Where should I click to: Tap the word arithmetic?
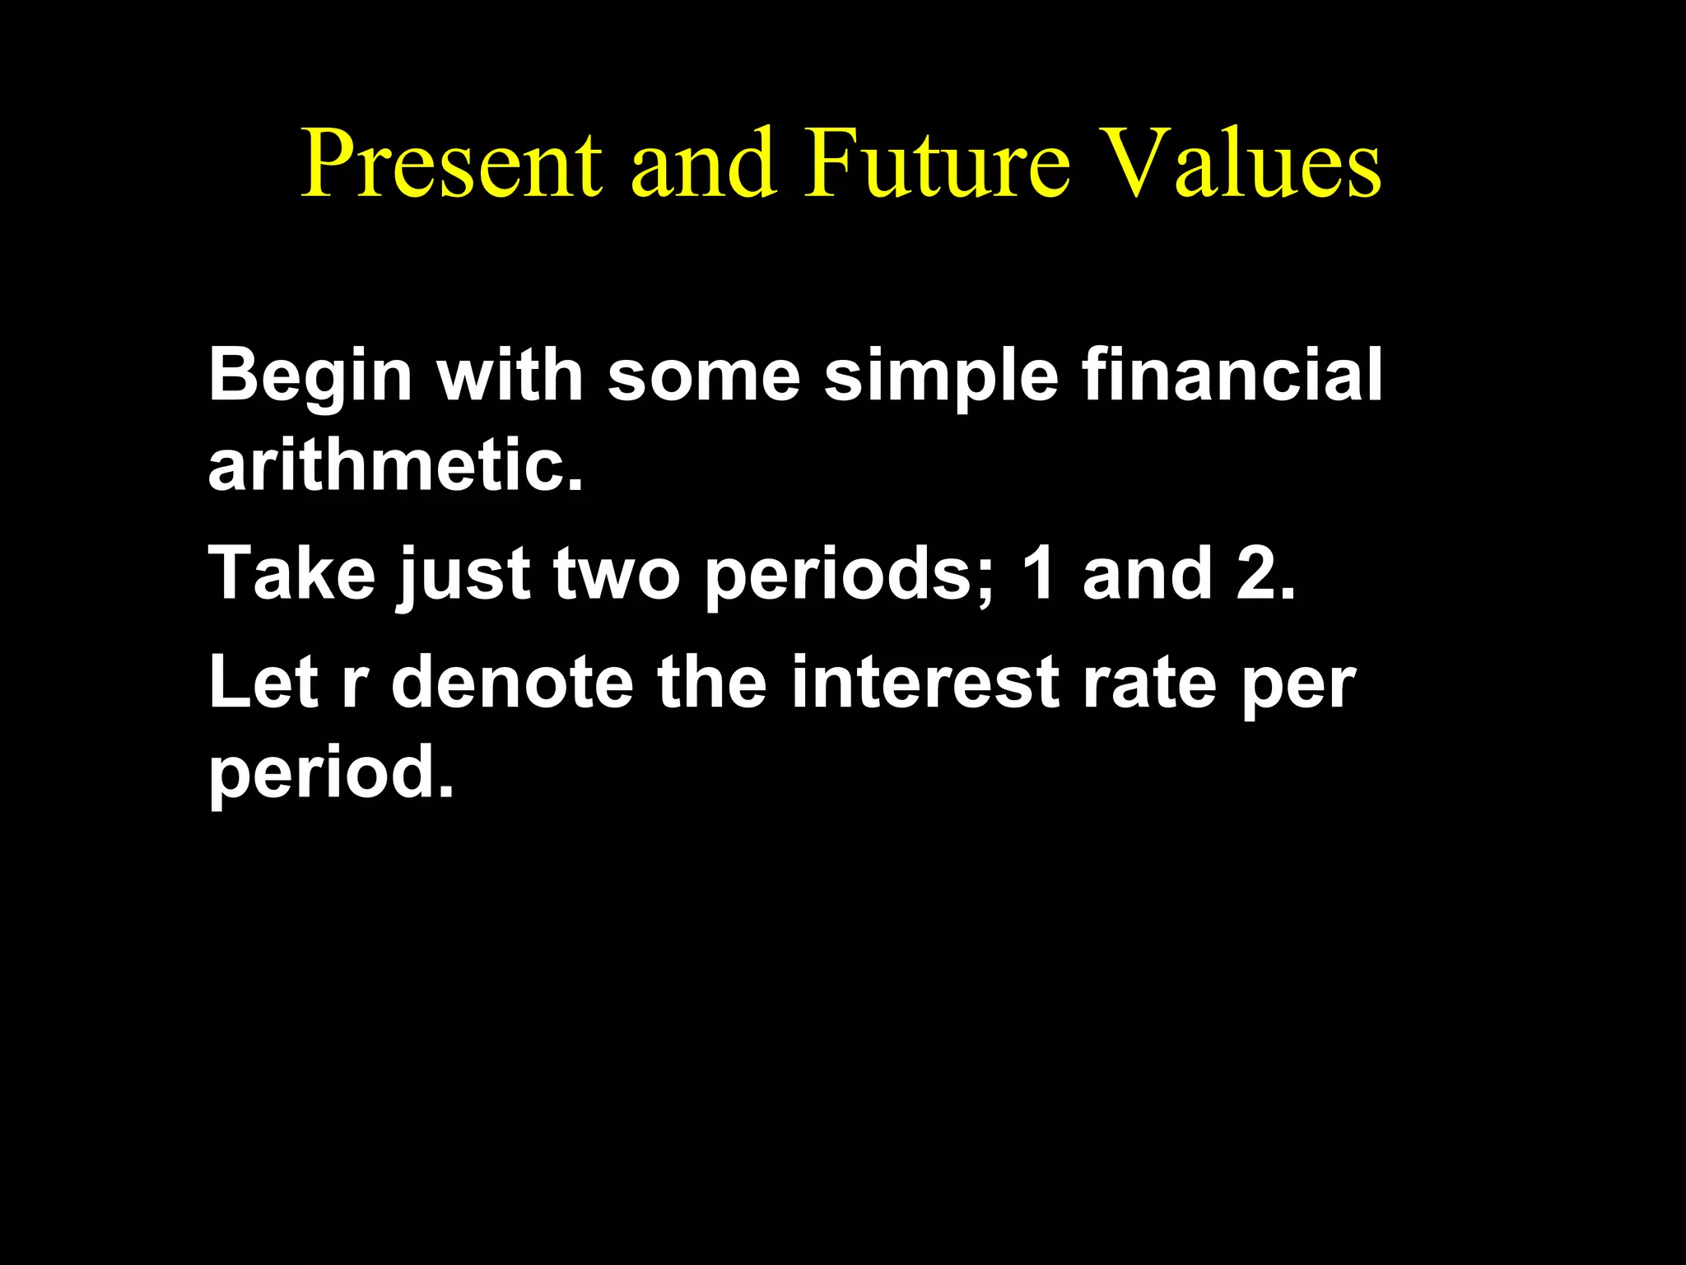(x=396, y=464)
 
